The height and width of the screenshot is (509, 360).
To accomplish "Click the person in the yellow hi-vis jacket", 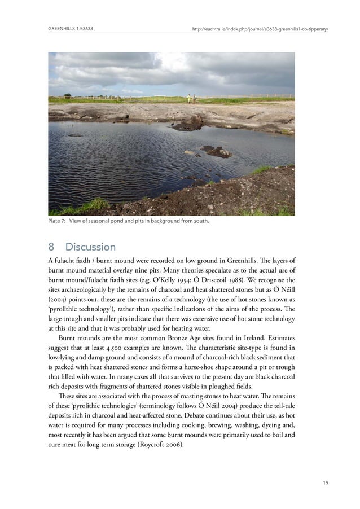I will tap(188, 99).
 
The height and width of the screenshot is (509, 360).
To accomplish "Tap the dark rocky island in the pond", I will tap(216, 151).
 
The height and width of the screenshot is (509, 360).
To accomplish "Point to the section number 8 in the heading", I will tap(52, 247).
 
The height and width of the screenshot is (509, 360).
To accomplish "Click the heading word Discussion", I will tap(90, 247).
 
